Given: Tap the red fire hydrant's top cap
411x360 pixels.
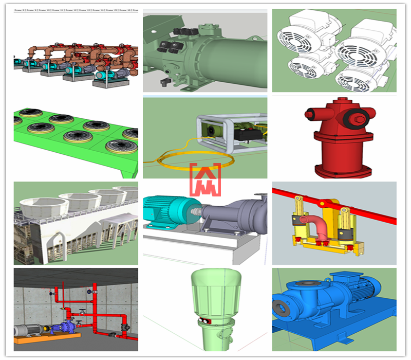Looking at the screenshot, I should pos(334,103).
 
